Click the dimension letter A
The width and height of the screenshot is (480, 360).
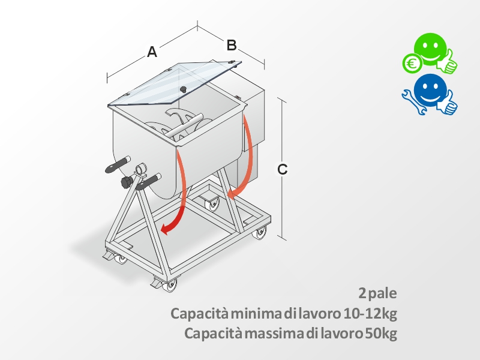pyautogui.click(x=152, y=52)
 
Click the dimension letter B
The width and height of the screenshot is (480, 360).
pyautogui.click(x=232, y=45)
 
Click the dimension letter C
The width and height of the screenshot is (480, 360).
pyautogui.click(x=282, y=169)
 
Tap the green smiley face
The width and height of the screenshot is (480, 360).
pyautogui.click(x=430, y=49)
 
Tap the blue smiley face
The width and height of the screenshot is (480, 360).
pyautogui.click(x=430, y=91)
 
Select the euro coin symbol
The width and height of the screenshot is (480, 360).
pyautogui.click(x=412, y=64)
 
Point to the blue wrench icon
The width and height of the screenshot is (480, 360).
pyautogui.click(x=413, y=102)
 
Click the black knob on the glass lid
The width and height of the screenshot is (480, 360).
pyautogui.click(x=183, y=89)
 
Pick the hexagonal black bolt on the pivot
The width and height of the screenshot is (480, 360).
pyautogui.click(x=127, y=182)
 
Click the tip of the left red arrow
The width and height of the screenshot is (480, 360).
pyautogui.click(x=161, y=230)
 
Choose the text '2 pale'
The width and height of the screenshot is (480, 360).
pyautogui.click(x=378, y=293)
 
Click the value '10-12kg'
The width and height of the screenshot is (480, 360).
pyautogui.click(x=370, y=313)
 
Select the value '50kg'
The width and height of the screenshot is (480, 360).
pyautogui.click(x=381, y=334)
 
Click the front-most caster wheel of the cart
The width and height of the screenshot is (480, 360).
pyautogui.click(x=169, y=286)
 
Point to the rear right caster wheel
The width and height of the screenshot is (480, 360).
pyautogui.click(x=260, y=233)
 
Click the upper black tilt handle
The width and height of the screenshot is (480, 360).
pyautogui.click(x=117, y=164)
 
